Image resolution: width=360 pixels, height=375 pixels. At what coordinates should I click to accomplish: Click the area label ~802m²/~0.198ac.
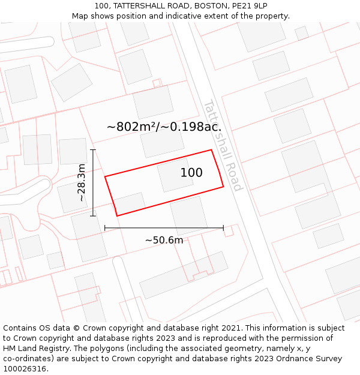click(164, 127)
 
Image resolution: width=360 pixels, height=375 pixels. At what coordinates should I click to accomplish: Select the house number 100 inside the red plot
click(191, 173)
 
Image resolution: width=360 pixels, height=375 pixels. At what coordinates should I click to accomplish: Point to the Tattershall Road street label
click(222, 145)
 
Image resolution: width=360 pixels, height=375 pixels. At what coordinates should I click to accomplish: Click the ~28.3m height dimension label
click(82, 182)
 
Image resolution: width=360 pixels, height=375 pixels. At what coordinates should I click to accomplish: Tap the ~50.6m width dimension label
click(164, 240)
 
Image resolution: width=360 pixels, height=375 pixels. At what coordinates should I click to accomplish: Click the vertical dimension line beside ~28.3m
click(92, 182)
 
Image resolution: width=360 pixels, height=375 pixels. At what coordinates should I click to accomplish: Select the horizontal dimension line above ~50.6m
click(164, 228)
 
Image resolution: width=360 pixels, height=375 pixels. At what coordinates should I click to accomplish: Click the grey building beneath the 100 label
click(175, 175)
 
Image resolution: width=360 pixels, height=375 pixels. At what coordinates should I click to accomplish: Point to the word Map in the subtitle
click(80, 16)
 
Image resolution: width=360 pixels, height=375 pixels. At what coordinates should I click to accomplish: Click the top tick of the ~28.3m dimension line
click(92, 149)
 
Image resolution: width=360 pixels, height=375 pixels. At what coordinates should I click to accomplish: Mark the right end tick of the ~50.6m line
click(223, 228)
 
